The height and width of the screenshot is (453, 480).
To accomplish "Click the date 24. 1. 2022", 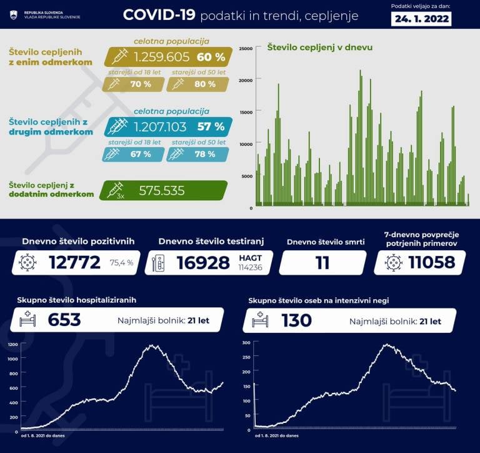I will tap(422, 18).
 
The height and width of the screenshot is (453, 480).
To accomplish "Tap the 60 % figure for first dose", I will tap(211, 58).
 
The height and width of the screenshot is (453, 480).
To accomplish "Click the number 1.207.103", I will tap(160, 127).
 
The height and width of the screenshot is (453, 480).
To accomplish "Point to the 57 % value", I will tap(211, 127).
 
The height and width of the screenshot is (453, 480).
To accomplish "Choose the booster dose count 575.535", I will tap(161, 191).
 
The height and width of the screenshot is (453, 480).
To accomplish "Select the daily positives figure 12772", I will tap(74, 263).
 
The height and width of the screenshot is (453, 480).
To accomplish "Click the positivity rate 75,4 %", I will tap(121, 263).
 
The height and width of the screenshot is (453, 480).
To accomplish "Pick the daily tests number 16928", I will tap(202, 263).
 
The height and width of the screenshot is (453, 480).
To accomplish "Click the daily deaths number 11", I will tap(322, 263).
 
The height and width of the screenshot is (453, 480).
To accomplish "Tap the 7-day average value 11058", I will tap(431, 263).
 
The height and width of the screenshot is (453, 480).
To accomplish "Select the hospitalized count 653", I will tap(64, 320).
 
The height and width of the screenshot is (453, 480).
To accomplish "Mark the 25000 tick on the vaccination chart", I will tap(246, 48).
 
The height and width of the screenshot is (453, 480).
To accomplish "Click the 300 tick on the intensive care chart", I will tap(246, 343).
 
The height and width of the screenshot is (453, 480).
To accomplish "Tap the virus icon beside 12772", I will tap(28, 263).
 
